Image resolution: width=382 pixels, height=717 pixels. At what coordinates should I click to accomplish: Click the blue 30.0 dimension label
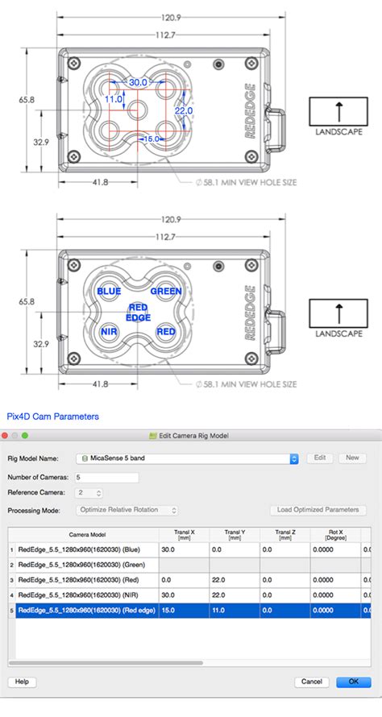(138, 82)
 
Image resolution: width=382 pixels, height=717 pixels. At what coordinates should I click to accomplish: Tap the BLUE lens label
(109, 292)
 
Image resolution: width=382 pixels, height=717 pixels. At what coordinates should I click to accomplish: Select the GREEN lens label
(166, 292)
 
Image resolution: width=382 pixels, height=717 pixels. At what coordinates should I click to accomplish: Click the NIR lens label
(109, 332)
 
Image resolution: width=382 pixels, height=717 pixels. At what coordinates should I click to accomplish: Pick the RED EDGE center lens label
(138, 312)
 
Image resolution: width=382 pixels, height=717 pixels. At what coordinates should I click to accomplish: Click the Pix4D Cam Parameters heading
(53, 417)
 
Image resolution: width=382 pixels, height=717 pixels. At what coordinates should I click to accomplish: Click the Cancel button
(312, 682)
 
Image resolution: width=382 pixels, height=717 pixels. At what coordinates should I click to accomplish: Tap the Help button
(22, 682)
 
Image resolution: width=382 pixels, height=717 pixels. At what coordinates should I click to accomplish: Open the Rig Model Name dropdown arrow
(294, 458)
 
